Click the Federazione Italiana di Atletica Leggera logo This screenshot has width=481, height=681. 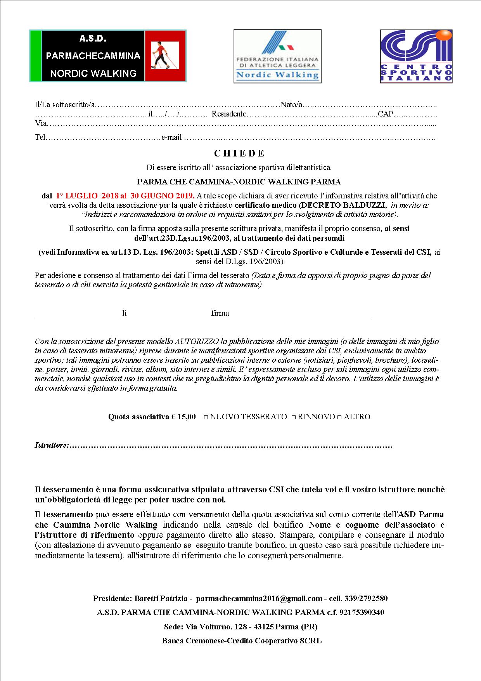click(277, 56)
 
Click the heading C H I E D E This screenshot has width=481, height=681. click(239, 153)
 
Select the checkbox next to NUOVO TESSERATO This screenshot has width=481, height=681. click(206, 417)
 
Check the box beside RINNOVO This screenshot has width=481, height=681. click(294, 417)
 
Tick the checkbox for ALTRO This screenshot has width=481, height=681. click(339, 417)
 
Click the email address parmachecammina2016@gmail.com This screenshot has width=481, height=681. click(259, 598)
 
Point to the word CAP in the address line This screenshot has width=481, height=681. click(385, 114)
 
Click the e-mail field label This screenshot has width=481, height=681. click(171, 138)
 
